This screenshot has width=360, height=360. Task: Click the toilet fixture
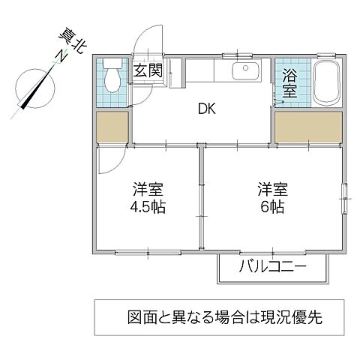(112, 75)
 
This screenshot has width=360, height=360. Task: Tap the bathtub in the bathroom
(325, 84)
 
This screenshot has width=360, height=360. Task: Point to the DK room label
(207, 109)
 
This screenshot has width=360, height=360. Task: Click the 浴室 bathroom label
(289, 82)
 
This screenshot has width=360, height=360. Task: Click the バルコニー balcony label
(274, 268)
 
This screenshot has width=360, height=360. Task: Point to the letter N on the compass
(56, 55)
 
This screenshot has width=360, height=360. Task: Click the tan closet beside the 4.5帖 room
(113, 127)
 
